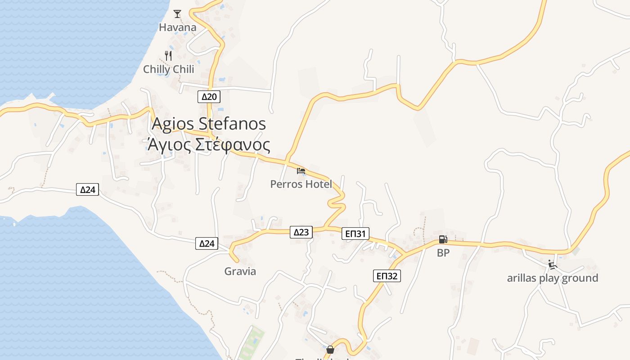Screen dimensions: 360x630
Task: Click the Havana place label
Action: (178, 27)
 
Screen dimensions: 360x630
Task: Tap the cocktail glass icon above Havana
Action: (177, 13)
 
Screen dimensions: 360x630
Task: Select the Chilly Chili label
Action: (169, 69)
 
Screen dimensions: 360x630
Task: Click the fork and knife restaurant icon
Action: (168, 56)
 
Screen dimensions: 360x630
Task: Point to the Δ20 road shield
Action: (209, 97)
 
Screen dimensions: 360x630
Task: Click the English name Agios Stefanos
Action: (209, 124)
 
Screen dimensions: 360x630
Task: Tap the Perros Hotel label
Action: (301, 184)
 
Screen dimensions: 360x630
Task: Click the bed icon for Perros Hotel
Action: (301, 171)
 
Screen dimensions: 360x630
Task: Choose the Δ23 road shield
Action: (301, 232)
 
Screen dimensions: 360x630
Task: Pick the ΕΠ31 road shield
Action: (355, 234)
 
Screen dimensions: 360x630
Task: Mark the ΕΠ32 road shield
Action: (387, 276)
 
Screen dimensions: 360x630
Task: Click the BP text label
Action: (443, 253)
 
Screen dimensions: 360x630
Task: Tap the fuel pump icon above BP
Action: (443, 240)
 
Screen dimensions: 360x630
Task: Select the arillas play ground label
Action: (553, 278)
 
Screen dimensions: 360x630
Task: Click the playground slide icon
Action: (553, 265)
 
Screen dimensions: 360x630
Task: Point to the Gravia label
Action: (240, 271)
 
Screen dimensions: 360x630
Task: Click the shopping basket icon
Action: (330, 350)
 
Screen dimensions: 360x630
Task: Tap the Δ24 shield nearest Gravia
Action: (207, 244)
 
